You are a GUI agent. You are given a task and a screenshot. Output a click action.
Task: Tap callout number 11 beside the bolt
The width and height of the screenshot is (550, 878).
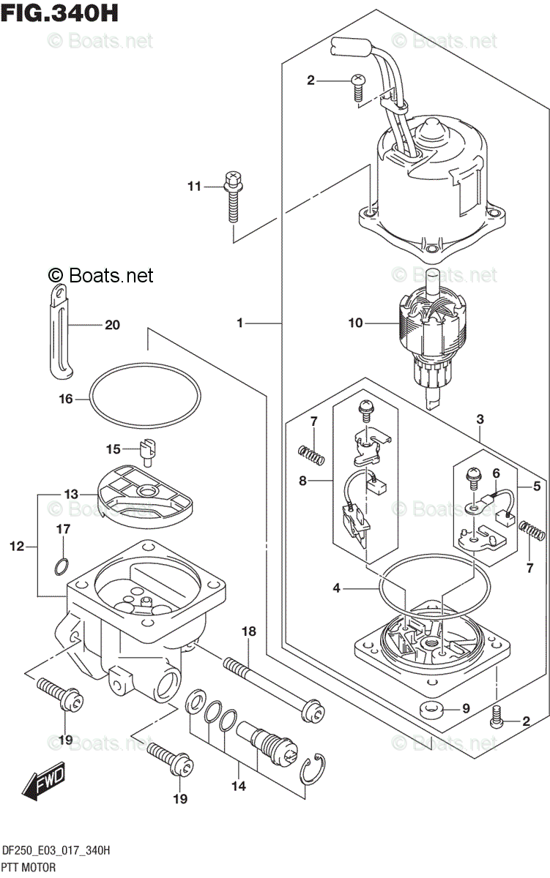point(193,187)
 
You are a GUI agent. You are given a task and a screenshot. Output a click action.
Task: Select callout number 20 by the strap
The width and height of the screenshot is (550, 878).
point(111,325)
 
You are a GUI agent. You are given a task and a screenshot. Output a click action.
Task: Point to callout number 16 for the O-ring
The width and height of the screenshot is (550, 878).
point(66,399)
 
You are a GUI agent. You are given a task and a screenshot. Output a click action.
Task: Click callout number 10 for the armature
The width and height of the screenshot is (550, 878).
point(356,323)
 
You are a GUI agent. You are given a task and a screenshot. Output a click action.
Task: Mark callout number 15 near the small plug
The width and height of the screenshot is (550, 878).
point(112,449)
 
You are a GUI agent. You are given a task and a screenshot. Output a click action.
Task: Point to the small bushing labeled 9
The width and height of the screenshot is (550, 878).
point(431,708)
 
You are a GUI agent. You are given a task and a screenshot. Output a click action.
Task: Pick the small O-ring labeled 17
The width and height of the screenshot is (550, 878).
point(63,565)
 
